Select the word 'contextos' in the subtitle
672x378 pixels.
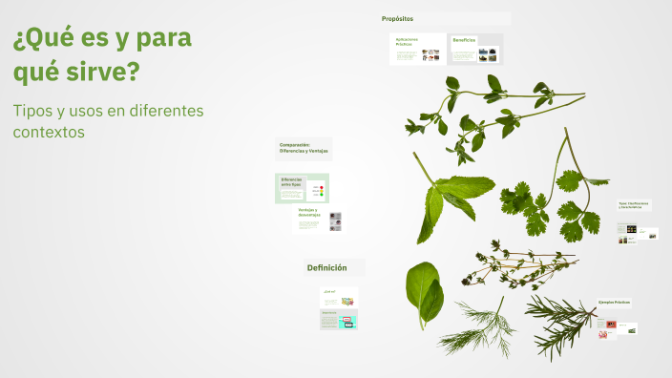[x=50, y=132]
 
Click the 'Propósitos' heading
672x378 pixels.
[x=397, y=19]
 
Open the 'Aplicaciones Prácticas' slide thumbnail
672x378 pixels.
[x=417, y=49]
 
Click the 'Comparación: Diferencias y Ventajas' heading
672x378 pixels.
[x=303, y=148]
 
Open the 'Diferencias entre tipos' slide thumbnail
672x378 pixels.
[x=302, y=188]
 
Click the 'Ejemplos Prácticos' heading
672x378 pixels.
[x=615, y=303]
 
